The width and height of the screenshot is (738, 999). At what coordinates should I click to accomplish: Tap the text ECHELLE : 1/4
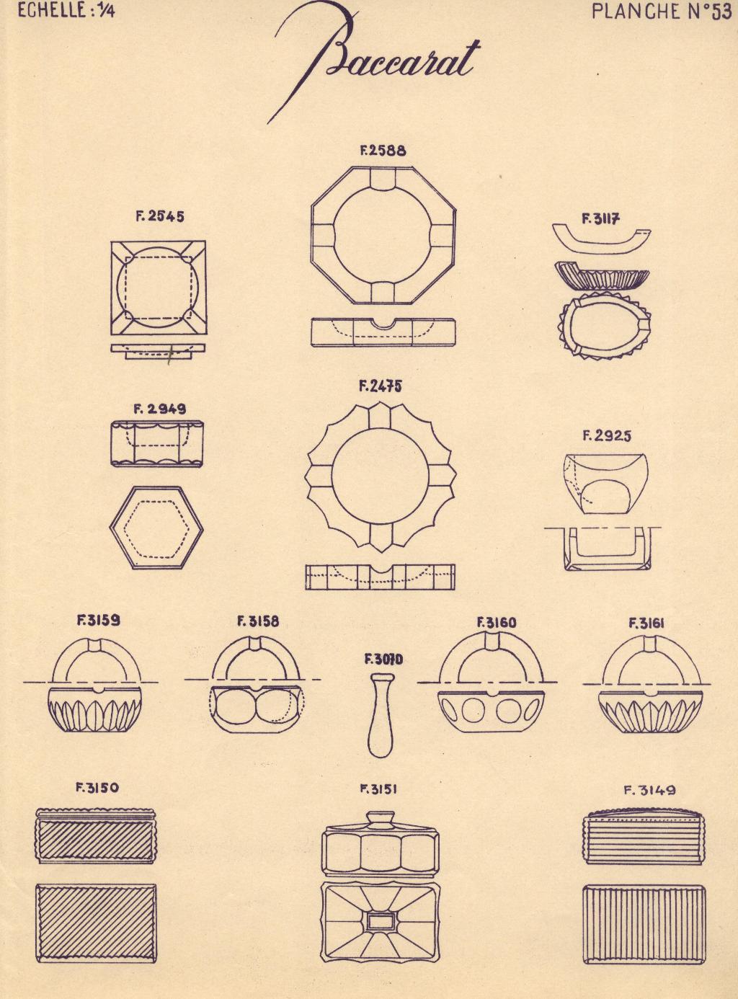(66, 11)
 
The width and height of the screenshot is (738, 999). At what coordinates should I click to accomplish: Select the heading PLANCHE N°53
(661, 12)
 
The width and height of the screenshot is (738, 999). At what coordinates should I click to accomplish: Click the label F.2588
(383, 151)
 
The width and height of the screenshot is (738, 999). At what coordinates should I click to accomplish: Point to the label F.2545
(160, 217)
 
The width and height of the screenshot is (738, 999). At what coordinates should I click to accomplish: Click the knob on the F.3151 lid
(381, 818)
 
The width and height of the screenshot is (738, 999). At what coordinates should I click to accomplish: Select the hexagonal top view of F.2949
(156, 528)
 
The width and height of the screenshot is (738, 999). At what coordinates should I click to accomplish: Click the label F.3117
(600, 219)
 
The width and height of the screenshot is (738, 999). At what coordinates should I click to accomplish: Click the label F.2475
(380, 387)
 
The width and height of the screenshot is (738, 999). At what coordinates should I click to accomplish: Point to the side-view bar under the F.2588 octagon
(383, 332)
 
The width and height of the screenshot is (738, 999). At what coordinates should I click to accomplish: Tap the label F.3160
(497, 623)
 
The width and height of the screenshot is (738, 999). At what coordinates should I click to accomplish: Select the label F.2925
(607, 436)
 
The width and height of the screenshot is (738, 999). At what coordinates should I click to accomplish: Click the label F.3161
(646, 623)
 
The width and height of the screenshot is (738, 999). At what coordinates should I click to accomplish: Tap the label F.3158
(258, 622)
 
